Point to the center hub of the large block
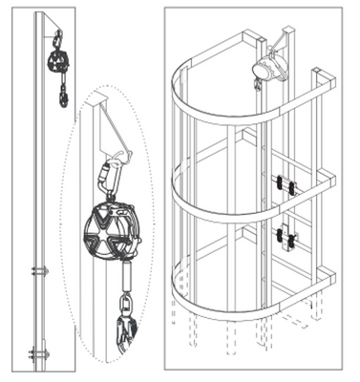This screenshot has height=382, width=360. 107,232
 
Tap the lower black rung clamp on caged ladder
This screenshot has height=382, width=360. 283,235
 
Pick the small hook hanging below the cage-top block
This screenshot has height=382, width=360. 258,86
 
